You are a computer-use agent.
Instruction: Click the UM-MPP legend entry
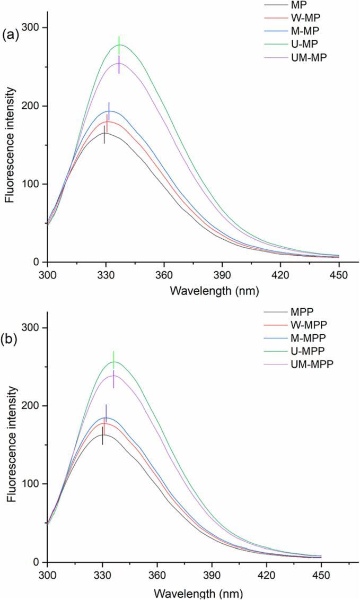coord(308,363)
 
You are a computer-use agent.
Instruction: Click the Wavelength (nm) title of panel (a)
coord(192,291)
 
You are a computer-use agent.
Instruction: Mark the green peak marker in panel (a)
coord(119,42)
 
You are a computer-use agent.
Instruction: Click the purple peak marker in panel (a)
coord(119,64)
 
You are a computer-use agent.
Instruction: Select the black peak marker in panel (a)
coord(104,134)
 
